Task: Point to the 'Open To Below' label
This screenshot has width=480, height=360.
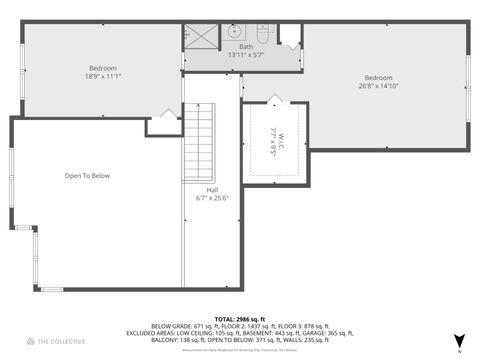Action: click(87, 176)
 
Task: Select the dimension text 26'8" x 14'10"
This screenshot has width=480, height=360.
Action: click(378, 86)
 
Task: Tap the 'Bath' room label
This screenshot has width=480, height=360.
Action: click(245, 46)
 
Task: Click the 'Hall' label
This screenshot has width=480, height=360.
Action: click(212, 189)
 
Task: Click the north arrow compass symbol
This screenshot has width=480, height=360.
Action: click(459, 341)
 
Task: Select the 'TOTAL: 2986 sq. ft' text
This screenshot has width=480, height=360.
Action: click(240, 317)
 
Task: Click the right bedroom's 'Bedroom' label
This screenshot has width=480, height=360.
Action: click(378, 78)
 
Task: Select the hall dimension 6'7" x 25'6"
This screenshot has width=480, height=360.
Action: click(212, 197)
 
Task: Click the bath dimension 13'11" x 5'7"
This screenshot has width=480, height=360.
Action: click(245, 54)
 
